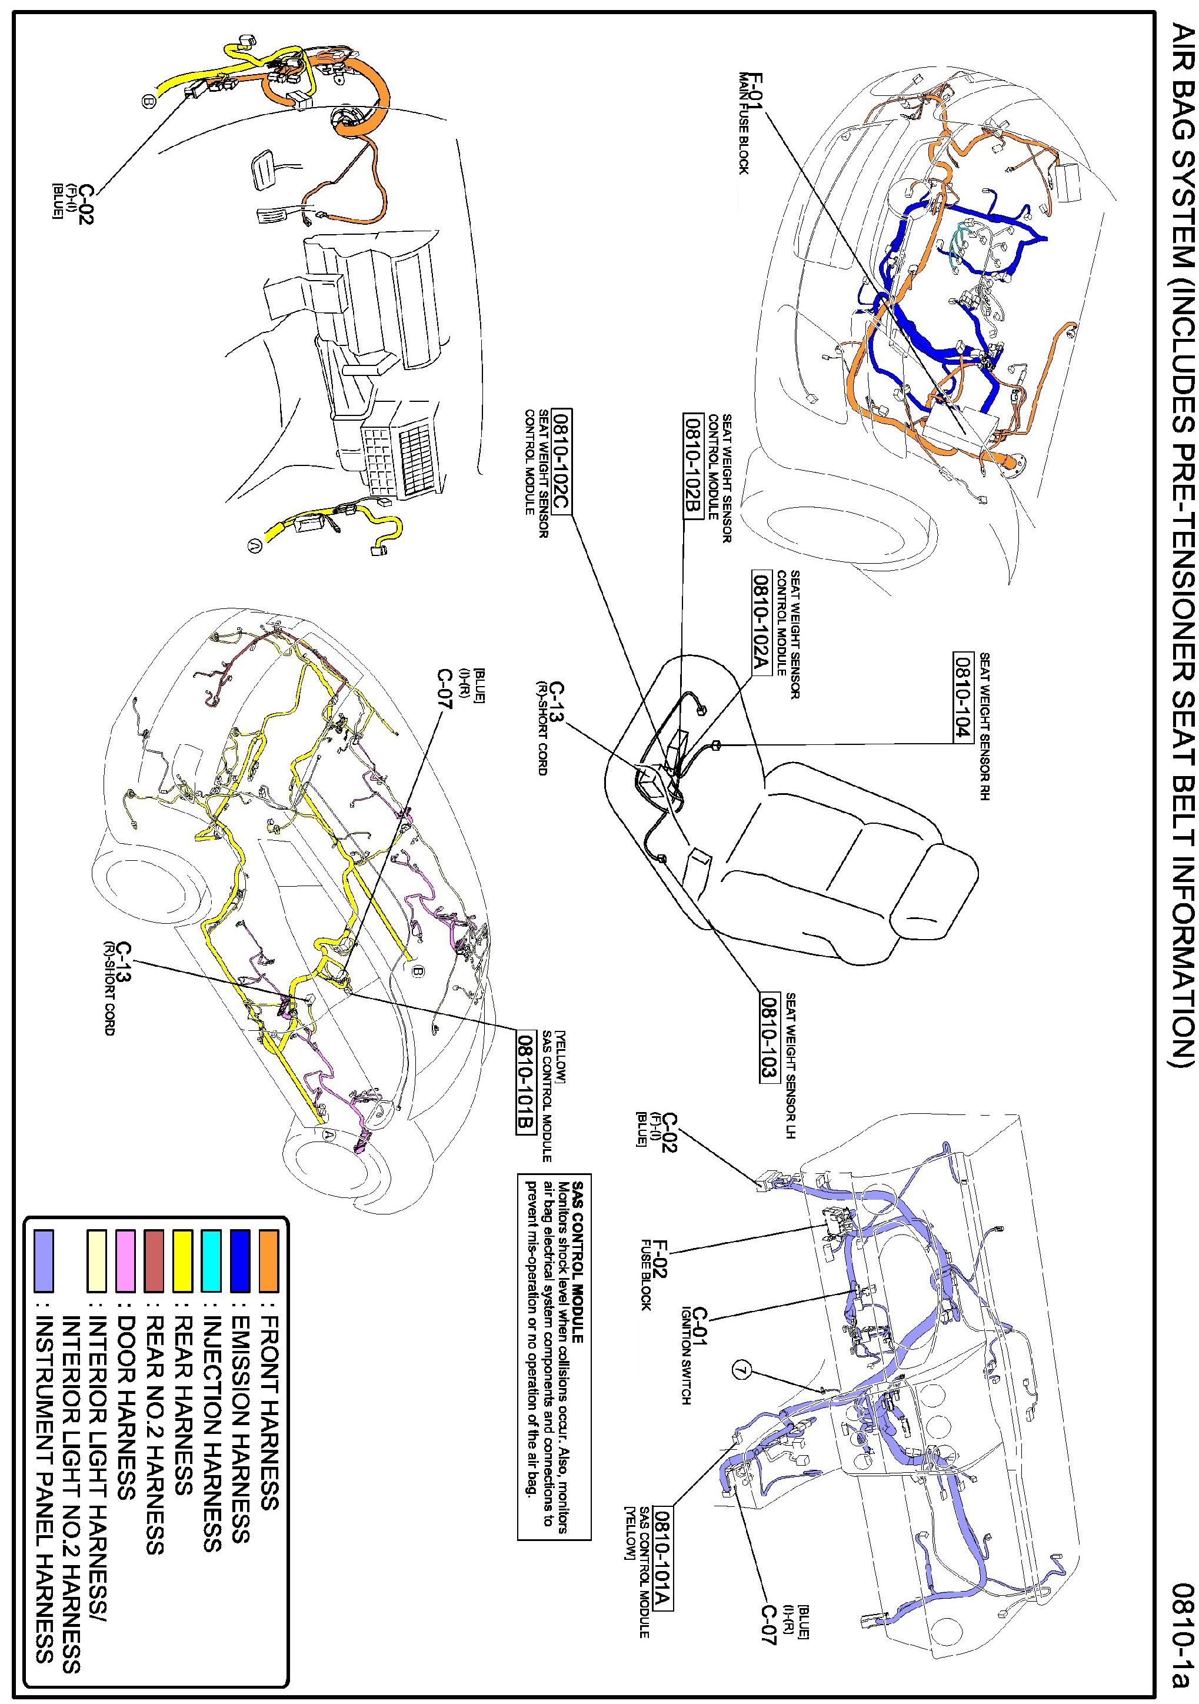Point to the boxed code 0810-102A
point(762,622)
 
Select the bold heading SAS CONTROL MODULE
point(581,1239)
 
